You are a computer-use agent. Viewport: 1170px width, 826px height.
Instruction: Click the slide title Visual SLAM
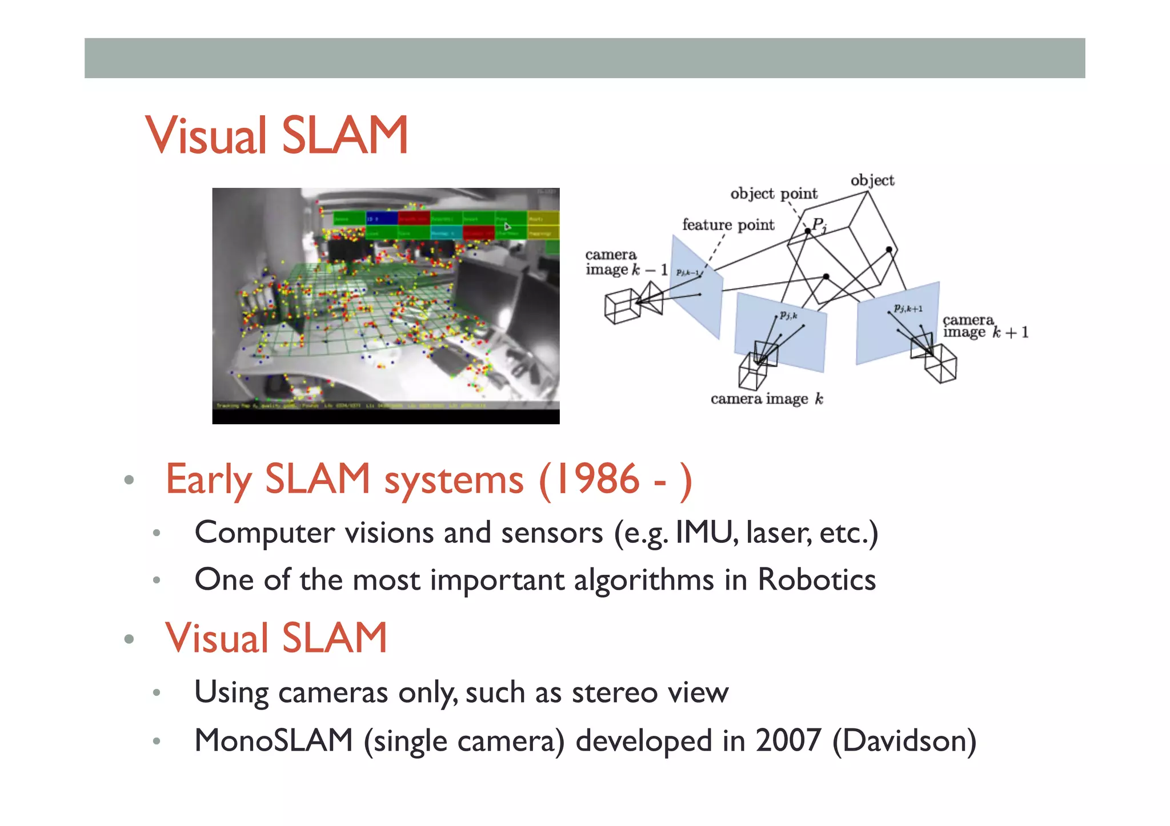click(x=277, y=135)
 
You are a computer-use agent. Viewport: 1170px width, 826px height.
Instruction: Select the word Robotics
click(x=816, y=580)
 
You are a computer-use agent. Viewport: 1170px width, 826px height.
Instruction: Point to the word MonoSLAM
click(x=274, y=740)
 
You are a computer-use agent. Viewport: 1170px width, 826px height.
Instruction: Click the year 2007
click(x=788, y=740)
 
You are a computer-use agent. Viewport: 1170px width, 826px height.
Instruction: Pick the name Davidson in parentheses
click(x=904, y=740)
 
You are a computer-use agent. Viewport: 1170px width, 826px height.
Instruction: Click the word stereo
click(x=615, y=692)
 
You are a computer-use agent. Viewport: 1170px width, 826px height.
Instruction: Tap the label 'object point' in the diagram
click(x=774, y=194)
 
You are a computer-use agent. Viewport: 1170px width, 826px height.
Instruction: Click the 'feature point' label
click(x=728, y=225)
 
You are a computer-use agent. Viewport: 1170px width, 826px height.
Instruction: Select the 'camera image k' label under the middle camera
click(x=766, y=399)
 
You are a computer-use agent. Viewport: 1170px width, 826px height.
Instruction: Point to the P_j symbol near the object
click(x=820, y=224)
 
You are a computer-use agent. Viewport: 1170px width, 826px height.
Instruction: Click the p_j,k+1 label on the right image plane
click(x=908, y=309)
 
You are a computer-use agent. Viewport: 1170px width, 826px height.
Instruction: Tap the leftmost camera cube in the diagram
click(x=622, y=305)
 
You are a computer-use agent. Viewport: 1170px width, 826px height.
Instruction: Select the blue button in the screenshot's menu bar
click(x=381, y=219)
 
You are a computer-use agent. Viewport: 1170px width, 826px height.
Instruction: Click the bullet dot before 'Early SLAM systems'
click(x=129, y=480)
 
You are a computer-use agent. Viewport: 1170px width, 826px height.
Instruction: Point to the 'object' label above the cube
click(x=872, y=180)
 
